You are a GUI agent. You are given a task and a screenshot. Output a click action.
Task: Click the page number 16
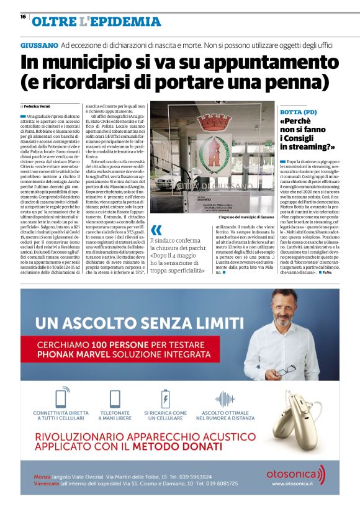pos(23,17)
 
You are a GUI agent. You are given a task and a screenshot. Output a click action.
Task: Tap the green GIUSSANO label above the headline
pos(40,47)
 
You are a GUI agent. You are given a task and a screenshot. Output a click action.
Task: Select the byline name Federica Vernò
pos(42,107)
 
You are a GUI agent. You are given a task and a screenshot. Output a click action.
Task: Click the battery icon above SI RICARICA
pos(166,397)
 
